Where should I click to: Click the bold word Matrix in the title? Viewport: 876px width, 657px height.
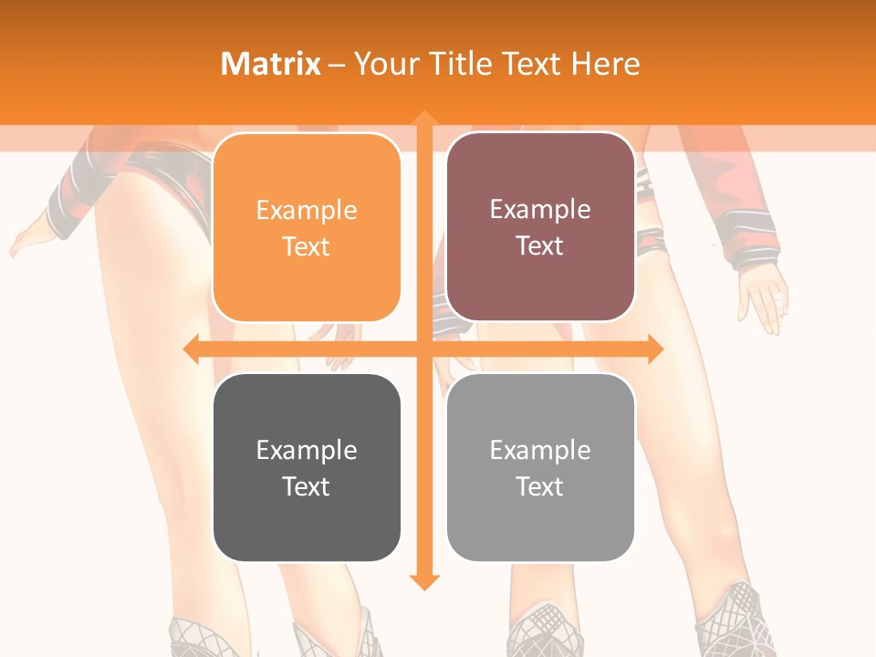(x=271, y=64)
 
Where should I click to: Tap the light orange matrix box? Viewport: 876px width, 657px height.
(x=307, y=227)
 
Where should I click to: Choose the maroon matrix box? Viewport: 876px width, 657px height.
(x=540, y=227)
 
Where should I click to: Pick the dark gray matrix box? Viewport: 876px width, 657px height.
(x=307, y=467)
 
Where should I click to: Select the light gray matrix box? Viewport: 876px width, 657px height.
(x=540, y=467)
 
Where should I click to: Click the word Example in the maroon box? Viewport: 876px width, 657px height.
(x=540, y=209)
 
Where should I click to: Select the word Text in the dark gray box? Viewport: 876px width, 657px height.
(x=307, y=486)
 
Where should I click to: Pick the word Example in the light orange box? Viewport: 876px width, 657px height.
(x=307, y=210)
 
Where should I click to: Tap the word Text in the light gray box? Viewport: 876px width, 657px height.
(x=540, y=486)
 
